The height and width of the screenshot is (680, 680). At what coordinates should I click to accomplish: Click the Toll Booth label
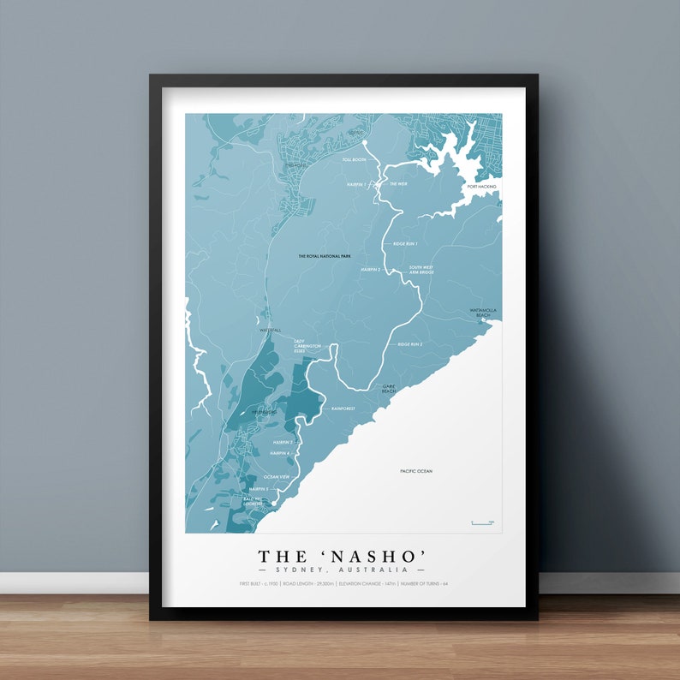click(354, 159)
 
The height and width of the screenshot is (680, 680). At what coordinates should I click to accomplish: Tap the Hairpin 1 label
click(357, 184)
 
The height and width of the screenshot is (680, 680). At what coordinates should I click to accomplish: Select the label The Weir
click(399, 184)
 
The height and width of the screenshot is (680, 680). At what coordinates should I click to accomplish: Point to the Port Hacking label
click(482, 186)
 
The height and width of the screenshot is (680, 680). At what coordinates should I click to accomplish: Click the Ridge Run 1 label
click(405, 244)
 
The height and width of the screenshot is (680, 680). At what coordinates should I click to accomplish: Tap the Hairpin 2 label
click(370, 269)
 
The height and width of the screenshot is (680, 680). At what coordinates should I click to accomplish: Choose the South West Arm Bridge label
click(421, 270)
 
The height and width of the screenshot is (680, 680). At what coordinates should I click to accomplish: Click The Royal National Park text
click(325, 256)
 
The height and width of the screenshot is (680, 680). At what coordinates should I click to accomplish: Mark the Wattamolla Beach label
click(483, 313)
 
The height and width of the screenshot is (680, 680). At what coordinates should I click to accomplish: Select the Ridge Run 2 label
click(410, 344)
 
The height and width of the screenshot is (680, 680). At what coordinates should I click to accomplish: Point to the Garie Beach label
click(391, 388)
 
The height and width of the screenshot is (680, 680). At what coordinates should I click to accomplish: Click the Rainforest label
click(343, 409)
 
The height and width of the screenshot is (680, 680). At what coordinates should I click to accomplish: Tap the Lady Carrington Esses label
click(307, 347)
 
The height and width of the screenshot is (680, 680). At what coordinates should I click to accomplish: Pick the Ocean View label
click(277, 476)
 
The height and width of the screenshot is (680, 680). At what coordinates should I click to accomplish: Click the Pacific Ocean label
click(416, 472)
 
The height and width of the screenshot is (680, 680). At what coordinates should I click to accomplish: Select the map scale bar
click(482, 522)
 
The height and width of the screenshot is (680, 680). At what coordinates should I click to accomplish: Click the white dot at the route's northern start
click(364, 143)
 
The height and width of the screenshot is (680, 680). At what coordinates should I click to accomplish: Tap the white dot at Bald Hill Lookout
click(274, 504)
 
